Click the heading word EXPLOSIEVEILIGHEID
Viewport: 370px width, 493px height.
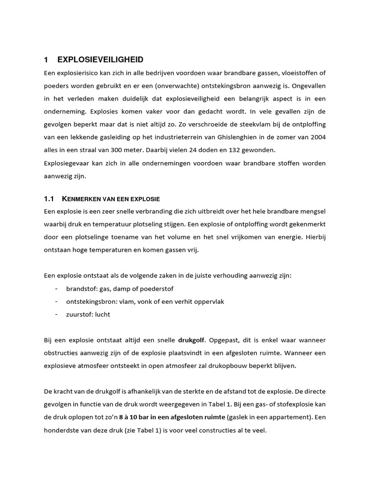100,60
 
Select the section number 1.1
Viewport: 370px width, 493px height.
49,199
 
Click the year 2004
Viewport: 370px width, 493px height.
317,137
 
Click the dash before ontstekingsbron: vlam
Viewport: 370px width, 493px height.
57,301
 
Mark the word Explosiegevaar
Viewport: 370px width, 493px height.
66,163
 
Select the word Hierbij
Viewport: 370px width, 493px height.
314,237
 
